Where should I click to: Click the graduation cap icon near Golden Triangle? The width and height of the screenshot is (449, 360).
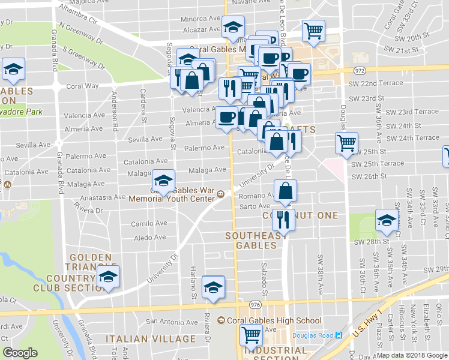coord(109,277)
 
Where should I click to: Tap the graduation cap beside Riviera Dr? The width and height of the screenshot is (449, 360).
coord(213,287)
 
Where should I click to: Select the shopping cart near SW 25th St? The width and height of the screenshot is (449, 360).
coord(346,143)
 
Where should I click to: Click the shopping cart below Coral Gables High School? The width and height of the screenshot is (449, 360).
coord(250,337)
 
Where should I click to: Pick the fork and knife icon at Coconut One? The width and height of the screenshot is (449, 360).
coord(283,220)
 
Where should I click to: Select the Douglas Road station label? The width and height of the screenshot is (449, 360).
coord(313,335)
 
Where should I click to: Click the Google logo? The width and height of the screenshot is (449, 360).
coord(20,353)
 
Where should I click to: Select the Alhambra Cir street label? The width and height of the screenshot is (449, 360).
coord(77,16)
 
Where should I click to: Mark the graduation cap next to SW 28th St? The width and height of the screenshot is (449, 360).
coord(386,220)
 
